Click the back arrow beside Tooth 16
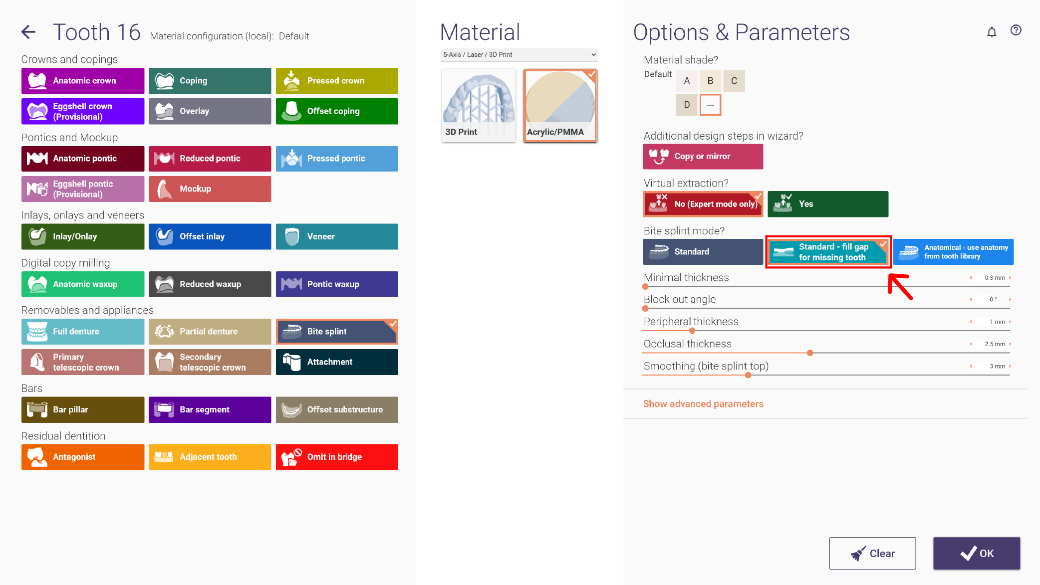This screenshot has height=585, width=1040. [28, 32]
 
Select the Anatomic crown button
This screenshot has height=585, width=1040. [83, 81]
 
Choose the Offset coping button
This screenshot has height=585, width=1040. [337, 111]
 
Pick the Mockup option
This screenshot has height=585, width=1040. [210, 189]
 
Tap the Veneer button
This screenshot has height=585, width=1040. [337, 236]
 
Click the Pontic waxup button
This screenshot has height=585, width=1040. [337, 284]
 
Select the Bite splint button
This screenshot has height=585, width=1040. [337, 332]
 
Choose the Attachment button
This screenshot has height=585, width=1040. [337, 362]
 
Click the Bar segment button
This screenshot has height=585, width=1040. [210, 409]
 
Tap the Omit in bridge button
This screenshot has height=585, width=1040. [337, 457]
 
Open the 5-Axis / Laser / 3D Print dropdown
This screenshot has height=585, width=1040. [519, 54]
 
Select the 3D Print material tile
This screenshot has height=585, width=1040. [479, 106]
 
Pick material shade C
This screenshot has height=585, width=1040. [734, 81]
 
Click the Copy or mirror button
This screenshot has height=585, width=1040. [703, 157]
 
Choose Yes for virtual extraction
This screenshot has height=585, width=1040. [828, 204]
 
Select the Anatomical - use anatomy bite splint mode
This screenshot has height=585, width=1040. [953, 252]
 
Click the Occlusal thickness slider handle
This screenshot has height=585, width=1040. [810, 353]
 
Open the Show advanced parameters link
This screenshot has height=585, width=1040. [703, 404]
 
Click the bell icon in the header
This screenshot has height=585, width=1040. [992, 32]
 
